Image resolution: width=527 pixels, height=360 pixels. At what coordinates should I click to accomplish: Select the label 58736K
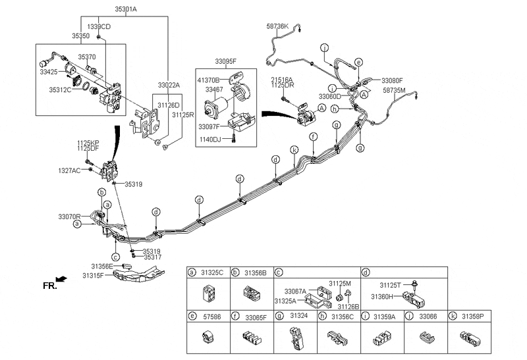(277, 26)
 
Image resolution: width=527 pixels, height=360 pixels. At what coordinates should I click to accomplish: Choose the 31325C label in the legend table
(212, 272)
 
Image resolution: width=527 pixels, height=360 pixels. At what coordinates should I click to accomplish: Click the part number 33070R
(69, 216)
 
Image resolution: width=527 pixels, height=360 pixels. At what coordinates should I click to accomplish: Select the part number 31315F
(94, 275)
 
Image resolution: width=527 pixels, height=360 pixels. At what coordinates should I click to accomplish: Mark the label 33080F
(391, 80)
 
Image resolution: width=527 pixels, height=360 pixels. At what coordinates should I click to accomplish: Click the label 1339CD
(99, 26)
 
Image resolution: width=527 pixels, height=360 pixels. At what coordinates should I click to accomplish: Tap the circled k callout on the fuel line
(293, 150)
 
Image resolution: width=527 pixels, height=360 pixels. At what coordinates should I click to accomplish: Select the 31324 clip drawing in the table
(293, 338)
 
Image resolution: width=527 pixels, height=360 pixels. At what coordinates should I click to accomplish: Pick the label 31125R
(183, 115)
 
